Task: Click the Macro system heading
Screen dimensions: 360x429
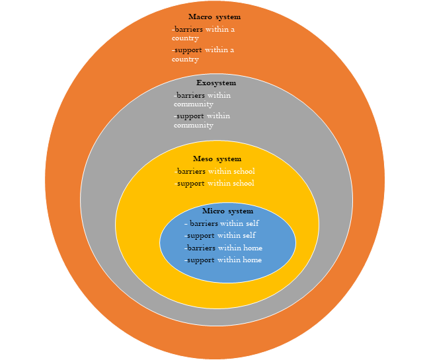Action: coord(214,17)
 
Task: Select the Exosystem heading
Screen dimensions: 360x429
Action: coord(216,83)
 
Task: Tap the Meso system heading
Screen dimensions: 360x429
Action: coord(217,159)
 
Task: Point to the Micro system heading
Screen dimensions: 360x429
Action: coord(227,211)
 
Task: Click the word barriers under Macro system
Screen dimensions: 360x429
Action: coord(188,29)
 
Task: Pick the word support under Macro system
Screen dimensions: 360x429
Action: coord(187,50)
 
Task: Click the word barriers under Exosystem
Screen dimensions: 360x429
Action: coord(190,95)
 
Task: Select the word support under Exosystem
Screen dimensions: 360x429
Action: coord(190,116)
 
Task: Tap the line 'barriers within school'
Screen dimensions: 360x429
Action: coord(215,172)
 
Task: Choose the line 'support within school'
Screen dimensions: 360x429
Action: coord(215,184)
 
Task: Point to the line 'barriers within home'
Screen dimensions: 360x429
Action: coord(224,248)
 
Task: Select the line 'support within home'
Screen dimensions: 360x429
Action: coord(224,260)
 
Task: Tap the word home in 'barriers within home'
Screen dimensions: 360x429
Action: coord(253,248)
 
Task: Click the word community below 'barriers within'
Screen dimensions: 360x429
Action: coord(194,104)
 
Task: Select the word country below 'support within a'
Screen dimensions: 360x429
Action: coord(185,59)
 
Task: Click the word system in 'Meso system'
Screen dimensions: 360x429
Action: coord(229,159)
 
